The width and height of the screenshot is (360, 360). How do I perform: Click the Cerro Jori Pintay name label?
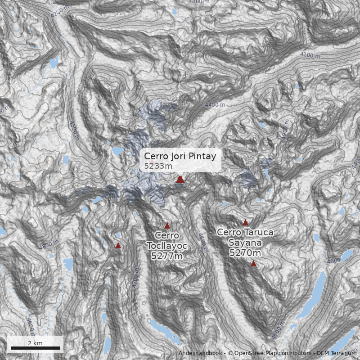(x=180, y=156)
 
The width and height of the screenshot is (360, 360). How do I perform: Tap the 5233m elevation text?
(x=158, y=166)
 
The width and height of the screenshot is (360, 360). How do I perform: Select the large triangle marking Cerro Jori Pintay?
(x=180, y=179)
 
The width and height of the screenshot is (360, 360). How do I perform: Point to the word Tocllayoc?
(x=167, y=246)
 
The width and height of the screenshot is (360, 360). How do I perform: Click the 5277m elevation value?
(x=167, y=256)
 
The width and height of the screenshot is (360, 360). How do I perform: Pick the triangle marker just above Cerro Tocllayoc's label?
(x=167, y=226)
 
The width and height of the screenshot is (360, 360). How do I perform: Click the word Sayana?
(x=244, y=243)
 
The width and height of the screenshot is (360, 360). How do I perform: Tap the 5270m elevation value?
(x=244, y=253)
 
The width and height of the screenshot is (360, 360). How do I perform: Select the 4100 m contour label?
(x=310, y=55)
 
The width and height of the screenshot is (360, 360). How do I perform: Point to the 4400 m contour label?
(x=215, y=105)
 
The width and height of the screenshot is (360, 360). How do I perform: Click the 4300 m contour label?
(x=73, y=130)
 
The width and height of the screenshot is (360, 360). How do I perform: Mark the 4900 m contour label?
(x=285, y=130)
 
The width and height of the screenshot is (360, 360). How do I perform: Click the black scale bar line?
(x=35, y=348)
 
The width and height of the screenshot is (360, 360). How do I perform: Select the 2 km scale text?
(x=35, y=343)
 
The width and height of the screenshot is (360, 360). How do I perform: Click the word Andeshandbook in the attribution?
(x=201, y=353)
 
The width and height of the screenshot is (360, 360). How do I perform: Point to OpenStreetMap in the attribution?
(x=257, y=353)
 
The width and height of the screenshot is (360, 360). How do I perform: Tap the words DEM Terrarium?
(x=336, y=353)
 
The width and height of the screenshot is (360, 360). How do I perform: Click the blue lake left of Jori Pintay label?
(x=117, y=151)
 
